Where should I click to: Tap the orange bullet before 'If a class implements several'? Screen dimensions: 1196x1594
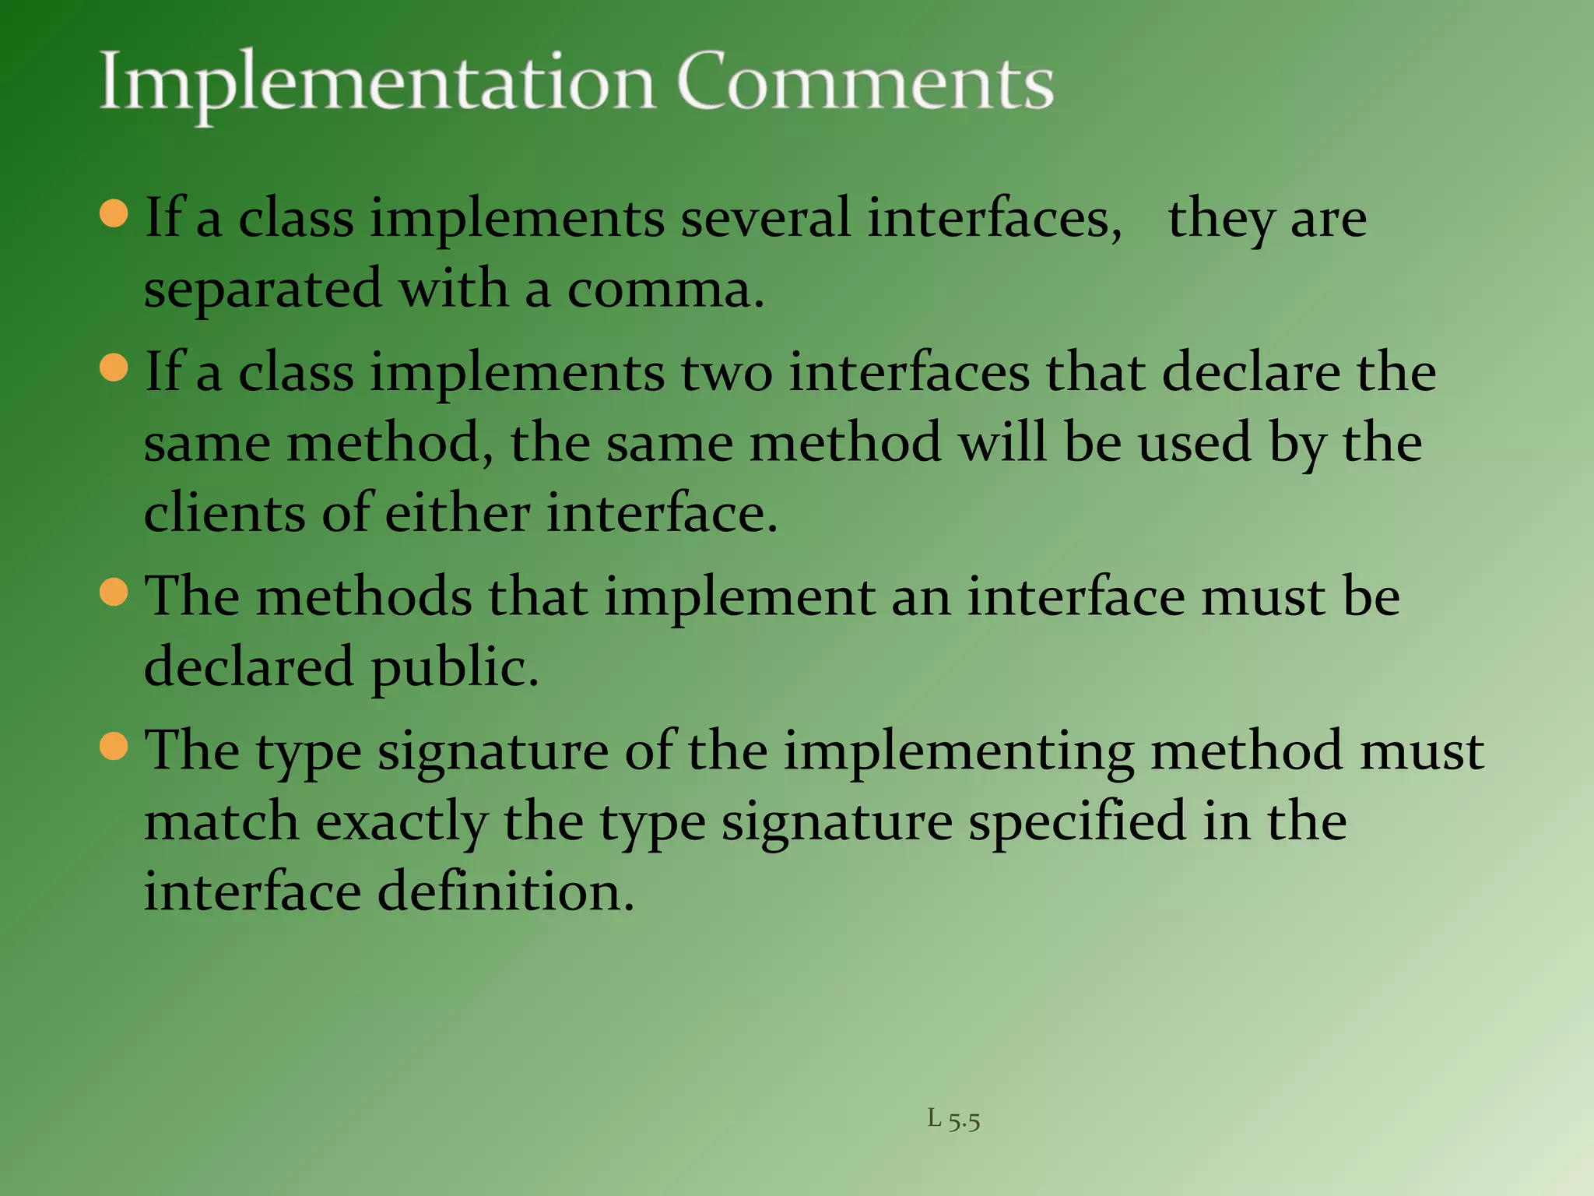[x=114, y=213]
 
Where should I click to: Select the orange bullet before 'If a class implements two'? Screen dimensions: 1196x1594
[x=114, y=368]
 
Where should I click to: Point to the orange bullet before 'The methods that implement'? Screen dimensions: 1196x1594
[x=114, y=593]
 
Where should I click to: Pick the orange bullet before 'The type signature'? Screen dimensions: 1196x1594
[x=114, y=747]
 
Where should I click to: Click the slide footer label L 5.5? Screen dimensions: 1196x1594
[x=953, y=1120]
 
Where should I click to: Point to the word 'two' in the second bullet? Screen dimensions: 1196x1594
[x=726, y=372]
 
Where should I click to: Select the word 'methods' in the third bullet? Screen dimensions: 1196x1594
[x=363, y=597]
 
